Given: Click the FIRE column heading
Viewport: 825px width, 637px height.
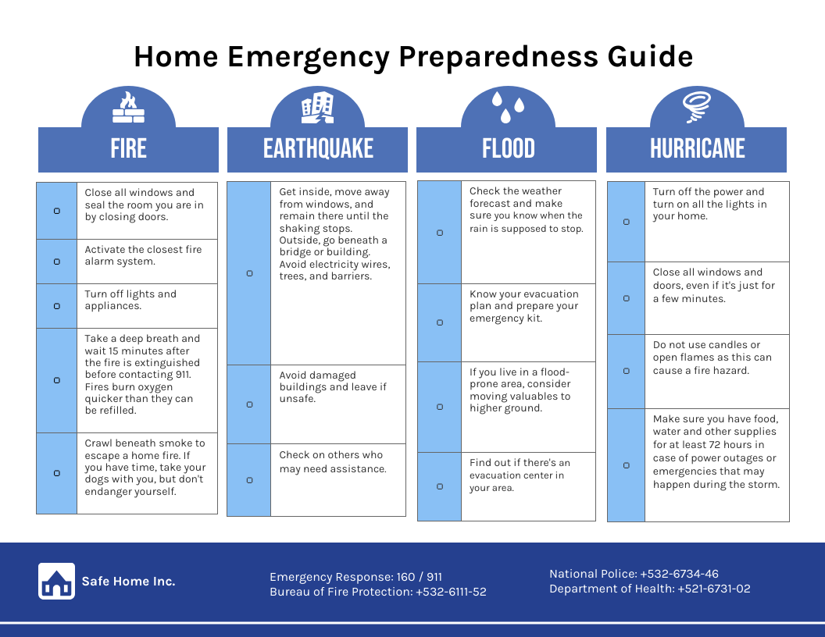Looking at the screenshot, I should pyautogui.click(x=128, y=148).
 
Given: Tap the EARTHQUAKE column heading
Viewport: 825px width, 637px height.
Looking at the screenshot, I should pyautogui.click(x=318, y=148).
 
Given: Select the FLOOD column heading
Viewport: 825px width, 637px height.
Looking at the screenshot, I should pyautogui.click(x=508, y=148).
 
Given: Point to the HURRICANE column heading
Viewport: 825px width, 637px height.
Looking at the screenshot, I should pyautogui.click(x=697, y=148).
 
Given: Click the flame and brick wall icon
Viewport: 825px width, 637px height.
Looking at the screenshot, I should pyautogui.click(x=128, y=108).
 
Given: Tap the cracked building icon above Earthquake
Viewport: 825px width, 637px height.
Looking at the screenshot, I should pyautogui.click(x=318, y=108).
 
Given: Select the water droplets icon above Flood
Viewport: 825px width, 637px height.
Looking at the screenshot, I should pyautogui.click(x=508, y=106).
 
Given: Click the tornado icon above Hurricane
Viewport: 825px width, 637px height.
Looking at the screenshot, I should pyautogui.click(x=697, y=108).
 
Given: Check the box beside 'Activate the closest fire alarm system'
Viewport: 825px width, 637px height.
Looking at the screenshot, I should pyautogui.click(x=57, y=262).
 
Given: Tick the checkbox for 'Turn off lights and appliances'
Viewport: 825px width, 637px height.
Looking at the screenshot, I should pyautogui.click(x=57, y=306).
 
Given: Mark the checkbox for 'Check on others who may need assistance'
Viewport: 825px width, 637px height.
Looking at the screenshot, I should pyautogui.click(x=249, y=480).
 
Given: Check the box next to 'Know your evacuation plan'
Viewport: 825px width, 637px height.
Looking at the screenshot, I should pyautogui.click(x=440, y=322).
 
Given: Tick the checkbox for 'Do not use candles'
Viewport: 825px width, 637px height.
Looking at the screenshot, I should pyautogui.click(x=626, y=371).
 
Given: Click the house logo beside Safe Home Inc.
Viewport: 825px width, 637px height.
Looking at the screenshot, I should pyautogui.click(x=56, y=581).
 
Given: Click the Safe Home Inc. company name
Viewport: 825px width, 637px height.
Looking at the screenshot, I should pyautogui.click(x=129, y=581).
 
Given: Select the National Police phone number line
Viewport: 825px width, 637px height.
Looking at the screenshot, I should pyautogui.click(x=634, y=574).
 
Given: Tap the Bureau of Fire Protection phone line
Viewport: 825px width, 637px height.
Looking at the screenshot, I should pyautogui.click(x=377, y=592).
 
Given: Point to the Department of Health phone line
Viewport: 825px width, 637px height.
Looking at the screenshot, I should pyautogui.click(x=649, y=589).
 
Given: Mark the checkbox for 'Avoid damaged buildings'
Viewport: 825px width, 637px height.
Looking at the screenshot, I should pyautogui.click(x=249, y=404).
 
